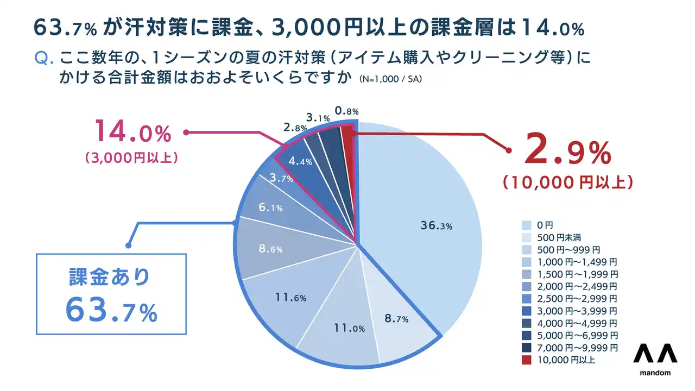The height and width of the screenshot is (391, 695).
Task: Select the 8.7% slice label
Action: click(396, 319)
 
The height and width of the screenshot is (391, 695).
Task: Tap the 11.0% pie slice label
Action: click(349, 328)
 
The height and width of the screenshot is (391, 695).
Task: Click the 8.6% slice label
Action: click(270, 249)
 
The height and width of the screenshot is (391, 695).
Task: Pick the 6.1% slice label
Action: click(270, 208)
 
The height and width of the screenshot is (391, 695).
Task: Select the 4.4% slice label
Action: click(300, 161)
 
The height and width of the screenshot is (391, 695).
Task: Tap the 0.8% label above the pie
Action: click(346, 111)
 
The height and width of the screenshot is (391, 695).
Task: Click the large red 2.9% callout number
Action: click(567, 154)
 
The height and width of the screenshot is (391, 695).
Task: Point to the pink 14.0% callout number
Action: click(132, 133)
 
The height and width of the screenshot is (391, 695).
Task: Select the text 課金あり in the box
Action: click(109, 277)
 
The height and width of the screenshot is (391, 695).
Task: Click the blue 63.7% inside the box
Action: click(111, 310)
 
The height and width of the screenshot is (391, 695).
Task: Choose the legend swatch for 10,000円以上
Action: click(526, 360)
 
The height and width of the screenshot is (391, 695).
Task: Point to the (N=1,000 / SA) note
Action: click(390, 79)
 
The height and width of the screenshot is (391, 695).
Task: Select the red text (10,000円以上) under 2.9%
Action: click(567, 182)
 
